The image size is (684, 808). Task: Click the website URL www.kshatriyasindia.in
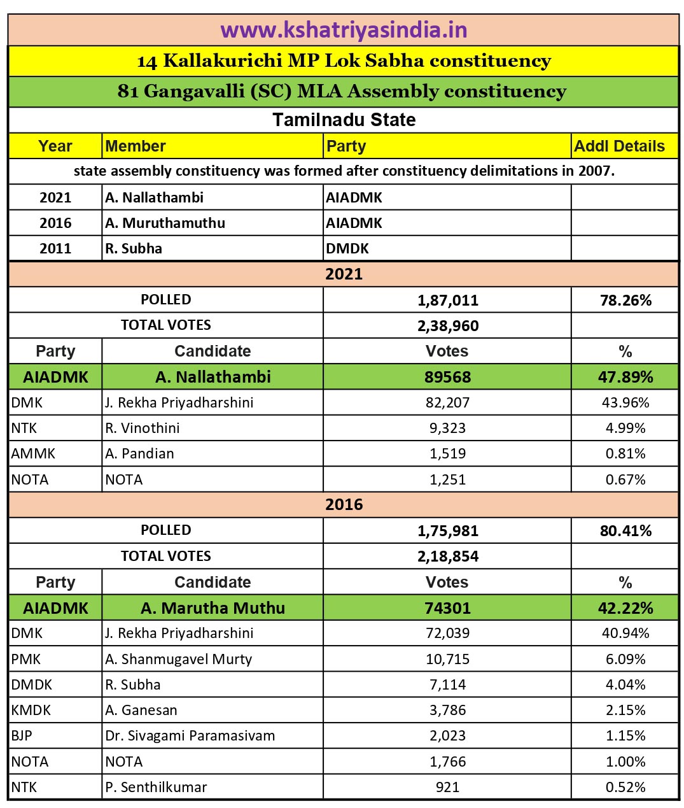click(x=344, y=30)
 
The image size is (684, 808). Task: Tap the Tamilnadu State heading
click(x=344, y=120)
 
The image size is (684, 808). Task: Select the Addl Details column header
click(x=619, y=146)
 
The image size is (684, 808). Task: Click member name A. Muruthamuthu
click(x=165, y=223)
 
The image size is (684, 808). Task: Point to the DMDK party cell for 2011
click(x=347, y=248)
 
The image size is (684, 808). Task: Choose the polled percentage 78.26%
click(x=625, y=300)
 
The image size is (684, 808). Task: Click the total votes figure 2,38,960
click(x=448, y=325)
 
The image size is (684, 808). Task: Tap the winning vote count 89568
click(x=448, y=377)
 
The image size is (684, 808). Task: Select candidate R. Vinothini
click(x=143, y=428)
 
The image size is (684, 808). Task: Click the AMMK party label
click(x=33, y=453)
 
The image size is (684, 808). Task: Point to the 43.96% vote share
click(x=625, y=402)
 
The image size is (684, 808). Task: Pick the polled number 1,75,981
click(x=448, y=530)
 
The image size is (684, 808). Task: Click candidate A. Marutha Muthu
click(x=213, y=608)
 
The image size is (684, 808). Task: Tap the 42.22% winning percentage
click(x=625, y=608)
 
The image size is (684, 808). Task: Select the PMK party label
click(x=26, y=659)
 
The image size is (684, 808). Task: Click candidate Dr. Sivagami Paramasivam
click(x=190, y=735)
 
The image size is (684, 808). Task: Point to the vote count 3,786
click(x=448, y=710)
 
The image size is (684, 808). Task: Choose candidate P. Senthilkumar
click(x=156, y=787)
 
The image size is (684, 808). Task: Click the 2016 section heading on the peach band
click(x=344, y=504)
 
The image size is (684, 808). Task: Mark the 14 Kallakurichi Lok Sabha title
click(x=344, y=61)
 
